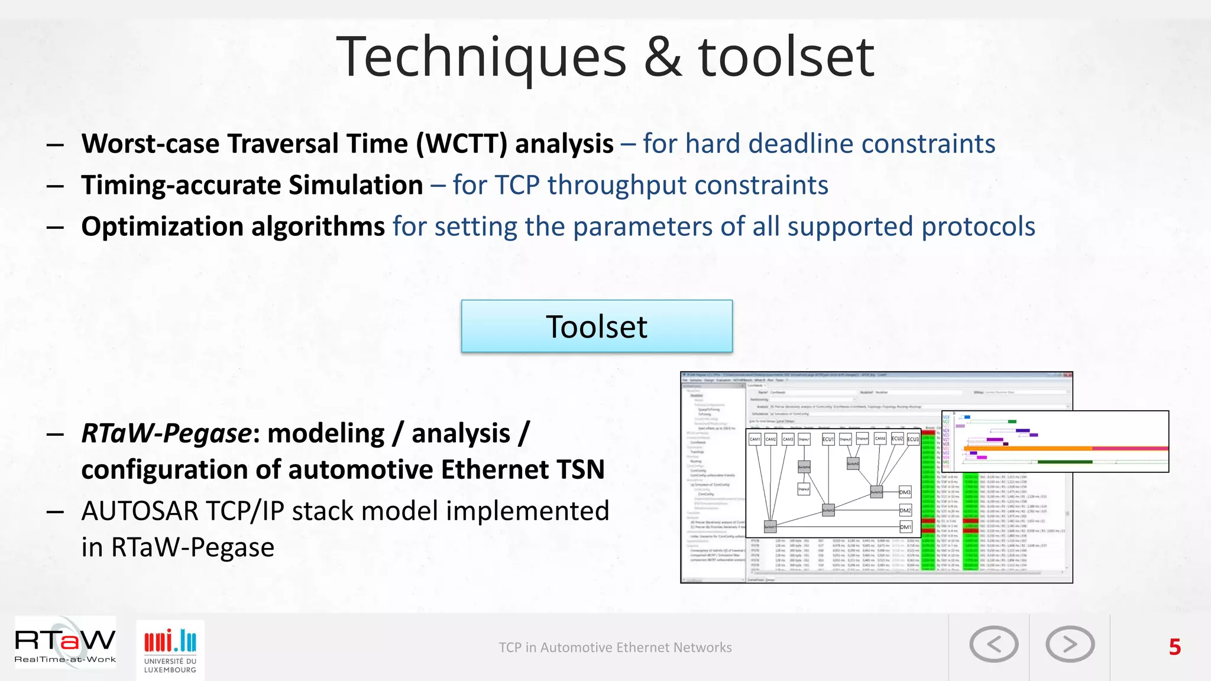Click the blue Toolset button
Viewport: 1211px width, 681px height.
point(597,326)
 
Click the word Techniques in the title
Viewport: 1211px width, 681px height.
point(481,57)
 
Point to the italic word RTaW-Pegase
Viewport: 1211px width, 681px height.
point(166,433)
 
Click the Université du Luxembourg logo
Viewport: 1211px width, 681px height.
point(170,649)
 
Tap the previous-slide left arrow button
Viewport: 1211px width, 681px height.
point(993,644)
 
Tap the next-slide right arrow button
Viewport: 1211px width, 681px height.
point(1070,644)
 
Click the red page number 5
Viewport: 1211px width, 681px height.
point(1174,647)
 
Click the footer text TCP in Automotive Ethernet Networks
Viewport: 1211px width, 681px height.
point(615,648)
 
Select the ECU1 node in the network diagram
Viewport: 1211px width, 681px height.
point(828,439)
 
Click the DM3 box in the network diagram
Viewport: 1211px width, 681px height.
point(905,492)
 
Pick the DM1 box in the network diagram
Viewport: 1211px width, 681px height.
point(905,527)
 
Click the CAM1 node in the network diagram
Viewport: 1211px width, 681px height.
point(755,439)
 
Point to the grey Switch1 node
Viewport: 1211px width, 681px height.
point(769,526)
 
